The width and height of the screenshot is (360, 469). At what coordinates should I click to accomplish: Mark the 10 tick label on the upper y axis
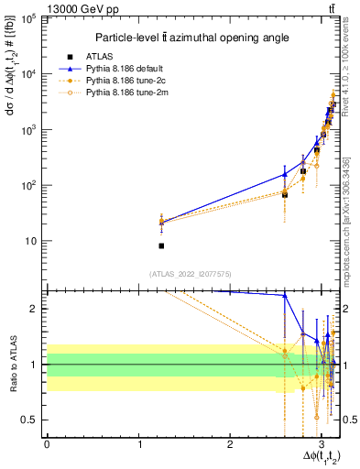pos(31,241)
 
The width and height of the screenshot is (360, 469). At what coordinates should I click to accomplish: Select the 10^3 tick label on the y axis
pos(29,129)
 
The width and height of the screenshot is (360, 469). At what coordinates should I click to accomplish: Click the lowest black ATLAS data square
pos(161,245)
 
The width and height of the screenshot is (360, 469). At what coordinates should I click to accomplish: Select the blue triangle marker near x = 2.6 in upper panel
pos(285,174)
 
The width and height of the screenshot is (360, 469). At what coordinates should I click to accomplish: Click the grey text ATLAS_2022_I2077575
pos(190,272)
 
